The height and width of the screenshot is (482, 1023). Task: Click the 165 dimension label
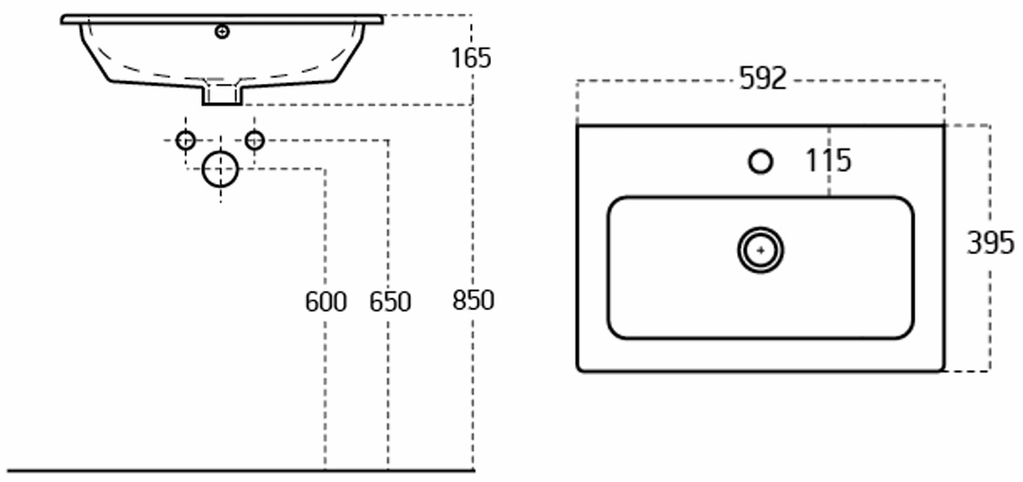[471, 58]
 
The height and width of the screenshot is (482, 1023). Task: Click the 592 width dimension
[762, 79]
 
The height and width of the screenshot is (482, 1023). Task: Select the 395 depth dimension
[990, 243]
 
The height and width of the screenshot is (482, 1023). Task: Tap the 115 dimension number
[828, 161]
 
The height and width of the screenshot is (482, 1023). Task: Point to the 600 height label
[325, 301]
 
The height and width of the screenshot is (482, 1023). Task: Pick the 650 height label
[390, 301]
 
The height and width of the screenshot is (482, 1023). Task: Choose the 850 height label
[473, 299]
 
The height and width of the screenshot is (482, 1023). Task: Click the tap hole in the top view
[761, 162]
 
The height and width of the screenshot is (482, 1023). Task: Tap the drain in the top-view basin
[761, 250]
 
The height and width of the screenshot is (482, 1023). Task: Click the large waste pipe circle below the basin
[220, 169]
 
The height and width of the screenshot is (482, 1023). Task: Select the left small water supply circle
[185, 140]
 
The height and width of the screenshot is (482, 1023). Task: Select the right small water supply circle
[255, 140]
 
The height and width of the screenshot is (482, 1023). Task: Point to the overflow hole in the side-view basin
[222, 33]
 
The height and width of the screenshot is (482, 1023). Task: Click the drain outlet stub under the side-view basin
[221, 94]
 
